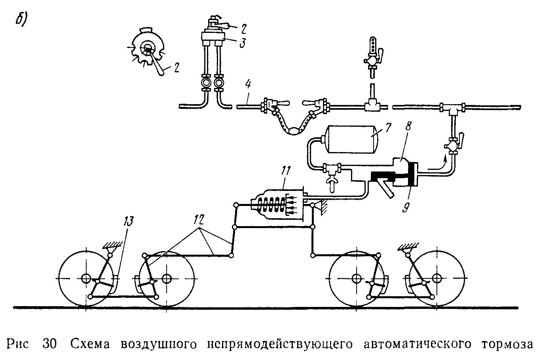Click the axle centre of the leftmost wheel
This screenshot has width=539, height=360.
pos(85,279)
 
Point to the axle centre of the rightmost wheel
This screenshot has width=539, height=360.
pos(436,279)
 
